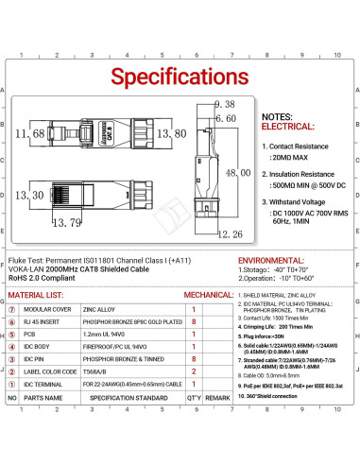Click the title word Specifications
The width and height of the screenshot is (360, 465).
point(180,74)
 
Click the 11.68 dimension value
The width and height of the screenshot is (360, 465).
point(30,134)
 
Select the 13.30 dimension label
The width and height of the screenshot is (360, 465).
point(30,195)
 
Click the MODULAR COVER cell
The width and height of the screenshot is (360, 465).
point(57,309)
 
